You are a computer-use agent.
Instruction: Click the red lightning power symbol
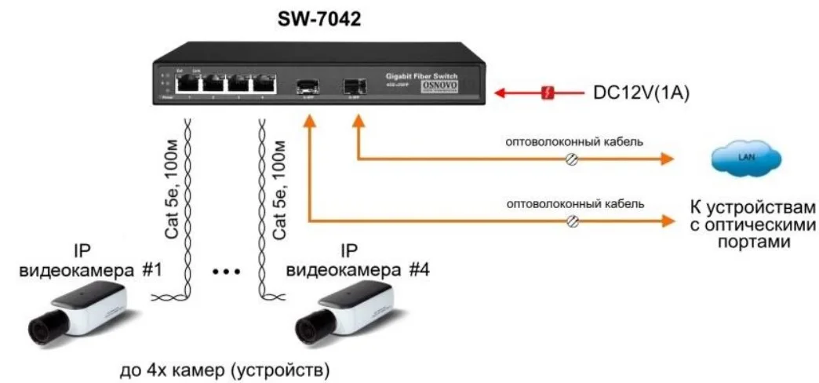point(549,93)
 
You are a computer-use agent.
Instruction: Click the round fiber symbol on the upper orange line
point(573,159)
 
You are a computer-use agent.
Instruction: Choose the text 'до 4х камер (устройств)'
point(224,368)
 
